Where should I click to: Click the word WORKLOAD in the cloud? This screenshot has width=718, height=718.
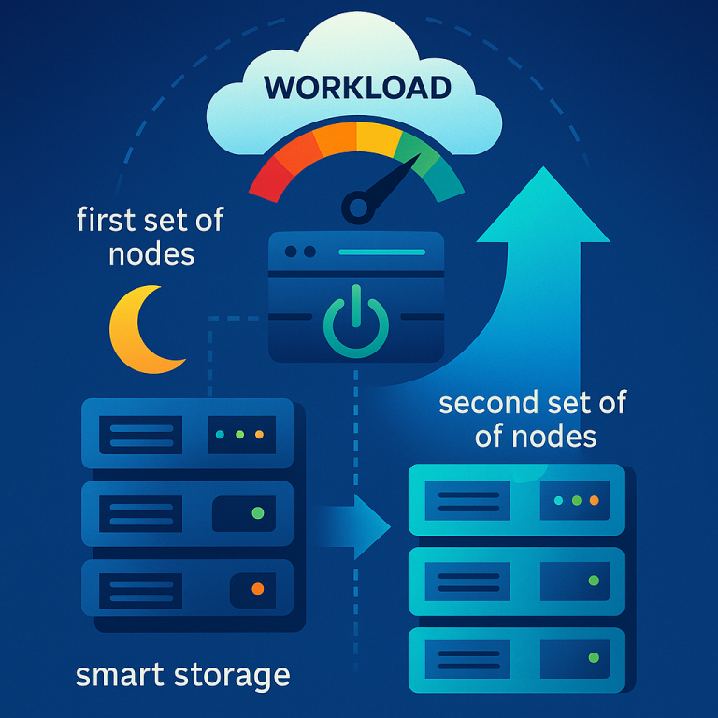(358, 88)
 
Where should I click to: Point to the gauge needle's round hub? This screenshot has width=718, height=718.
(357, 203)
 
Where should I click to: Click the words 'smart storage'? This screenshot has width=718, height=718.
(183, 674)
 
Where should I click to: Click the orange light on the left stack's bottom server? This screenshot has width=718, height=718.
(258, 589)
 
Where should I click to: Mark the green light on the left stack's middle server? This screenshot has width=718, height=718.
(258, 513)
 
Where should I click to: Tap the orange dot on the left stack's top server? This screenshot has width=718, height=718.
(259, 436)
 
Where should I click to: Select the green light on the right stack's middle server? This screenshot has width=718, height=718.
(594, 581)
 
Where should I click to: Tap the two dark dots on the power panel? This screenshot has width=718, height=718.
(298, 252)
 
